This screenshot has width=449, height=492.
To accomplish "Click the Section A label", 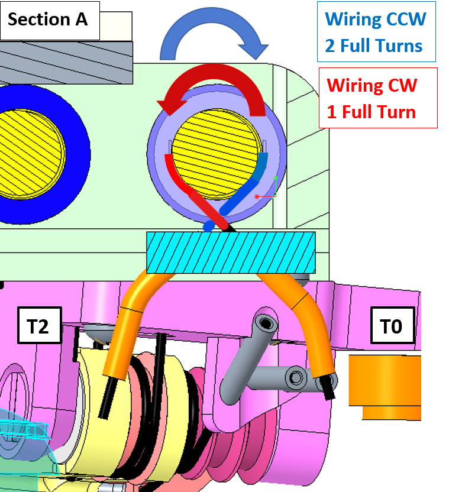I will point(48,19).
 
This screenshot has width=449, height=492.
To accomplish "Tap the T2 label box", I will point(38,325).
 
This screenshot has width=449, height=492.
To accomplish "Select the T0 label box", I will point(391,325).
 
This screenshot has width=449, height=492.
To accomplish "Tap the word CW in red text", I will point(401,85).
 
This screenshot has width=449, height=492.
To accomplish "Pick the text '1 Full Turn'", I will point(372,112).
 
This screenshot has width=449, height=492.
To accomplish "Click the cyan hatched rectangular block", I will point(231,253).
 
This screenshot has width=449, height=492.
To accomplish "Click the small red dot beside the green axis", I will point(256,195).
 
